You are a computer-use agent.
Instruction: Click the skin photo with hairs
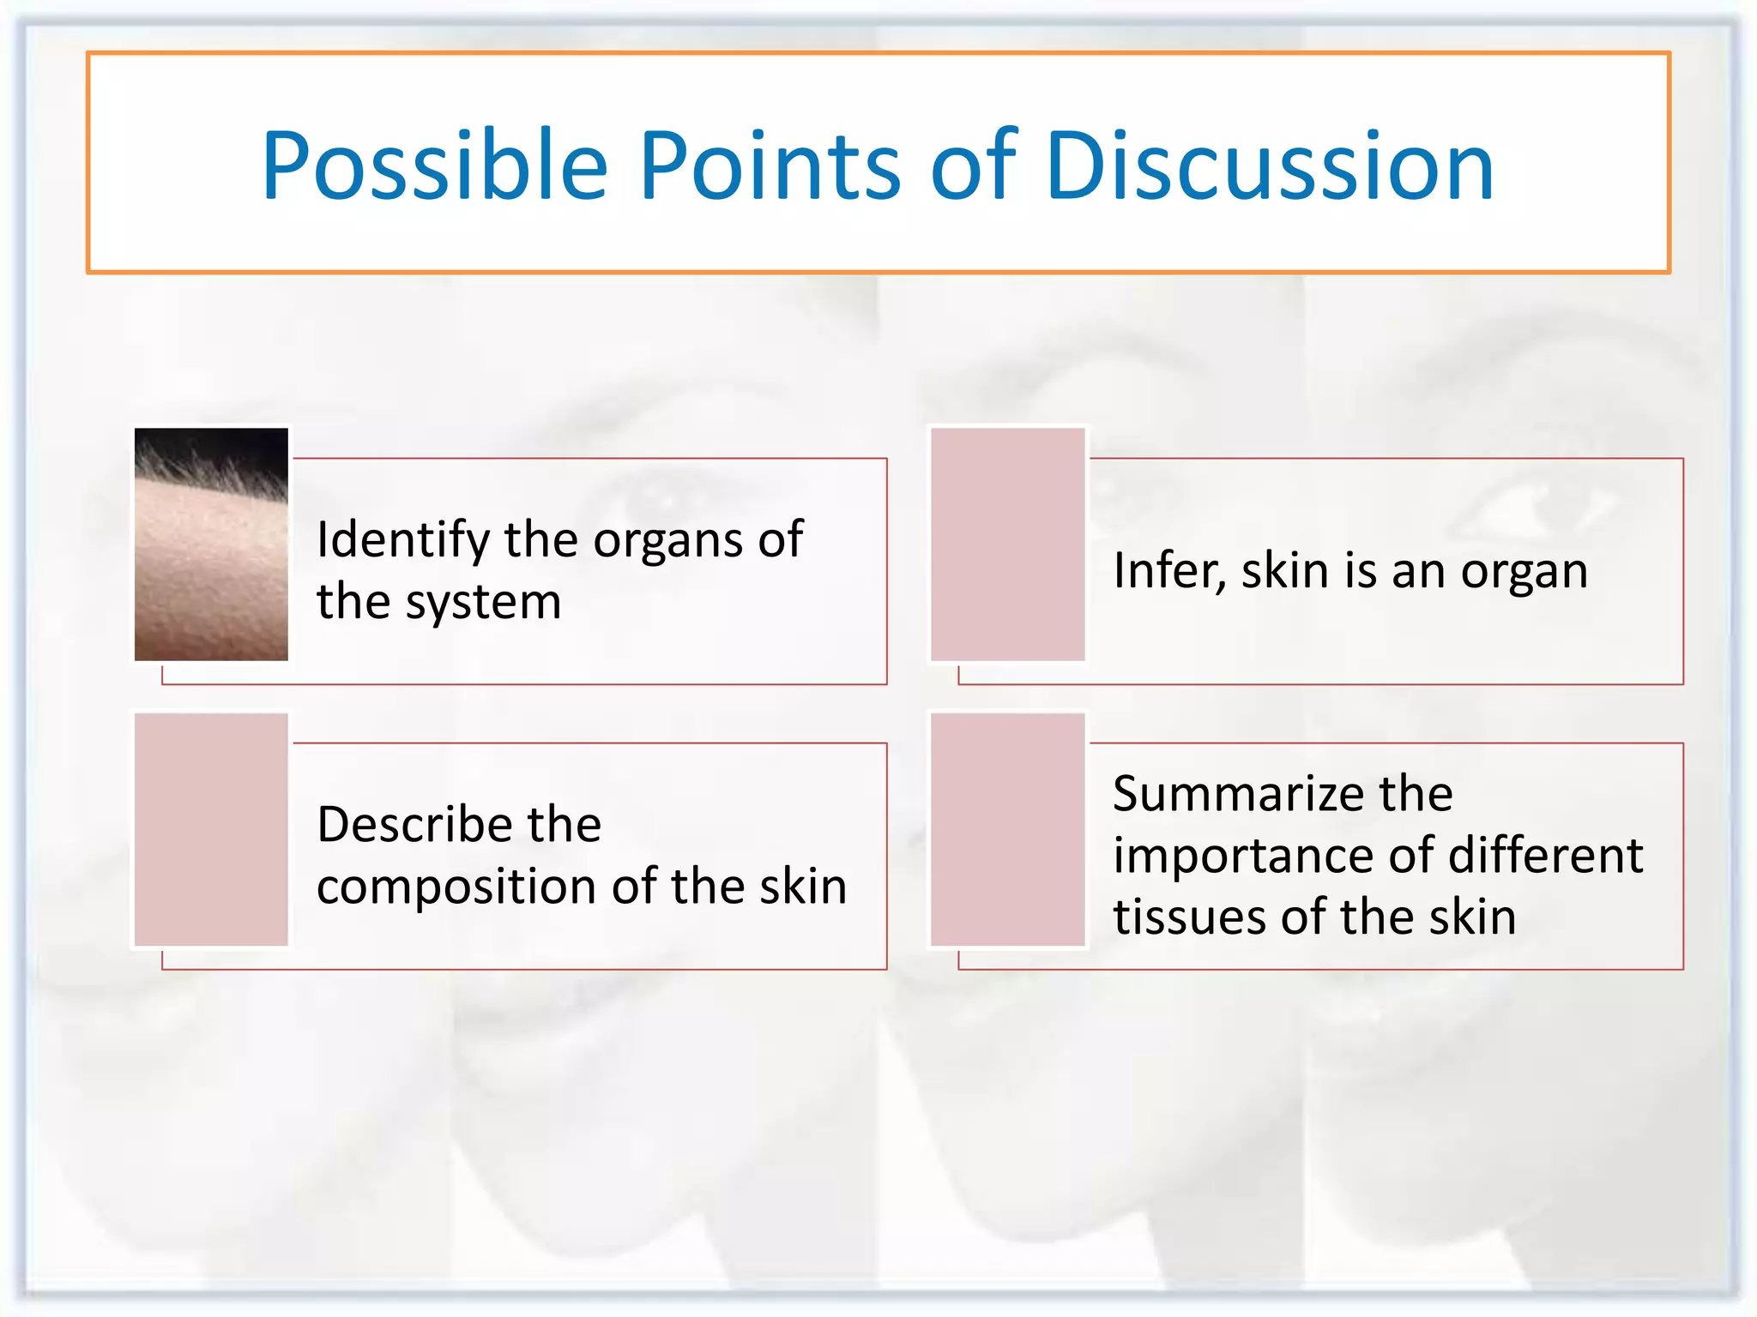[211, 544]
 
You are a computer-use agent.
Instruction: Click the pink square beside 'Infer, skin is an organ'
[1008, 544]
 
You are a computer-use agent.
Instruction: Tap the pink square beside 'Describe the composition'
[211, 829]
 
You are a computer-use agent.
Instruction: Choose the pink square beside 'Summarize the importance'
[1008, 829]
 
